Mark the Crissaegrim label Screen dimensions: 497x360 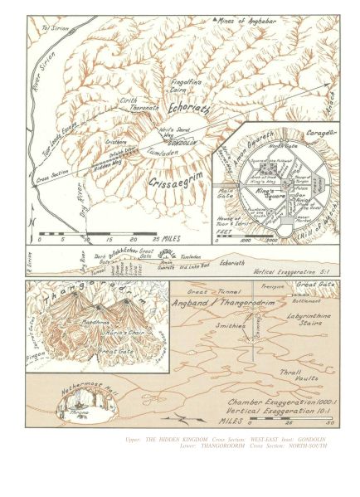(182, 178)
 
